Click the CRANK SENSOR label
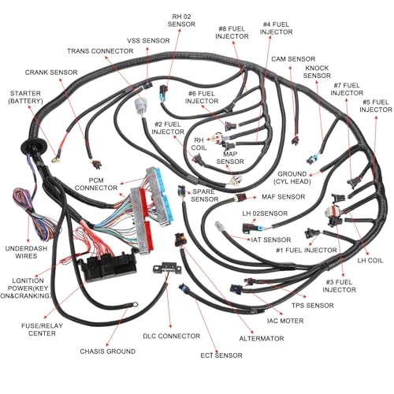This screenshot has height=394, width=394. pyautogui.click(x=51, y=72)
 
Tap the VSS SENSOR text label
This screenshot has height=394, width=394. pyautogui.click(x=148, y=41)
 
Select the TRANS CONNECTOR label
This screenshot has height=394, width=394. pyautogui.click(x=100, y=51)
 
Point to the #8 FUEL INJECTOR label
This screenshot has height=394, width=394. pyautogui.click(x=232, y=32)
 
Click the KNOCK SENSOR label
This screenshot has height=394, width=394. pyautogui.click(x=317, y=72)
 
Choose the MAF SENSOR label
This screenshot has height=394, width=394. pyautogui.click(x=284, y=197)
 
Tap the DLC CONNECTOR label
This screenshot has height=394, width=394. pyautogui.click(x=172, y=336)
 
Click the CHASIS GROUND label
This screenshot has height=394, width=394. pyautogui.click(x=108, y=351)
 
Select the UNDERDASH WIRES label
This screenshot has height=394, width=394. pyautogui.click(x=26, y=252)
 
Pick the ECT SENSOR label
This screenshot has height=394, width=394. pyautogui.click(x=221, y=355)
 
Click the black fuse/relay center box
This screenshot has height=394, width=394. pyautogui.click(x=109, y=266)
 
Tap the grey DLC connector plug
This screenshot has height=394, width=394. pyautogui.click(x=168, y=269)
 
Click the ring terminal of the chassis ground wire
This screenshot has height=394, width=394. pyautogui.click(x=135, y=304)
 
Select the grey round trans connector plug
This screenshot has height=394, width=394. pyautogui.click(x=139, y=107)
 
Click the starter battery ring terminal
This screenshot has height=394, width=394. pyautogui.click(x=55, y=159)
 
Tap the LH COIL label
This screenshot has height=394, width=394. pyautogui.click(x=370, y=261)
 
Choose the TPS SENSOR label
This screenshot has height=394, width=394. pyautogui.click(x=313, y=306)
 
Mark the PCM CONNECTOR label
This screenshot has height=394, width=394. pyautogui.click(x=96, y=184)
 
